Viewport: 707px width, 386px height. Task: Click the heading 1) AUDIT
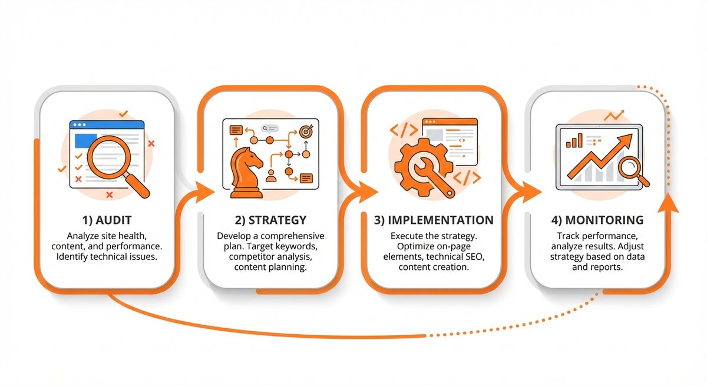(107, 220)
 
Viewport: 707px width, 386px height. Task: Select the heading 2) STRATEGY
(270, 220)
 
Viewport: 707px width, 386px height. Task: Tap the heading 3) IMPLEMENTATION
(434, 220)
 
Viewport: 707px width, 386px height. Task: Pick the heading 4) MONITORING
(597, 220)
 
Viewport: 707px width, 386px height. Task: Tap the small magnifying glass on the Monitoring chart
(632, 170)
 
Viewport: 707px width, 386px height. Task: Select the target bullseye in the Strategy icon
(305, 131)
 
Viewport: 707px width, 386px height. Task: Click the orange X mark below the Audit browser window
(109, 194)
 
